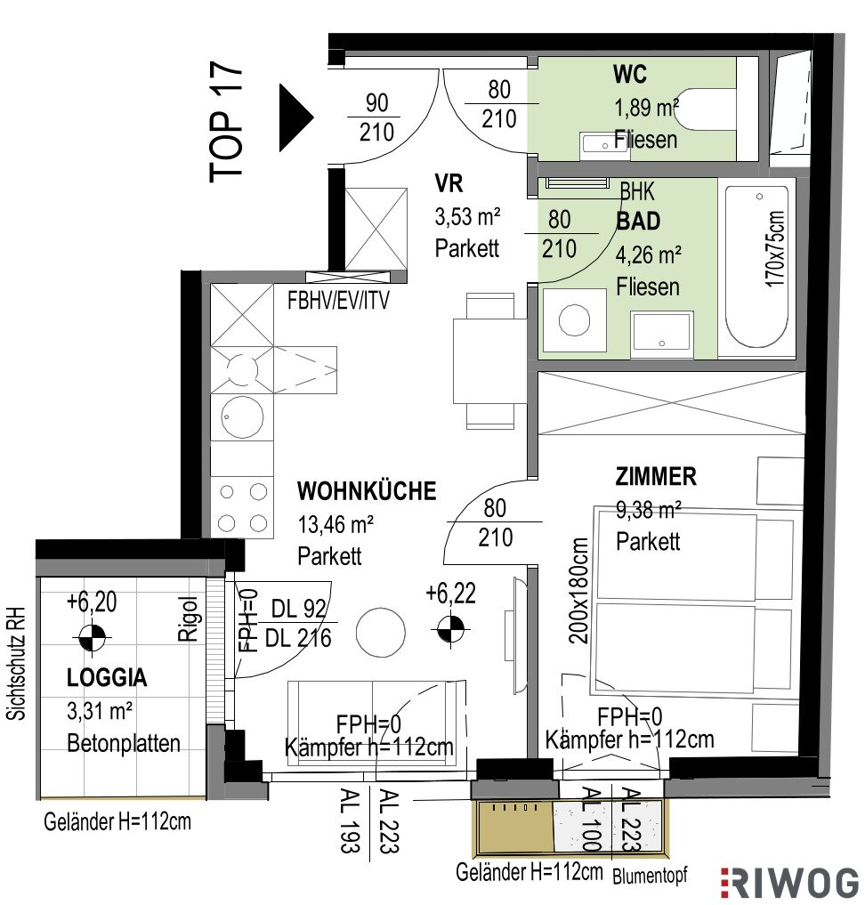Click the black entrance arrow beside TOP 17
295,117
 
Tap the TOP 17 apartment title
226,122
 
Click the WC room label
629,75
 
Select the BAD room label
638,221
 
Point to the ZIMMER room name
656,477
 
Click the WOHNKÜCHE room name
367,490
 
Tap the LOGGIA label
107,677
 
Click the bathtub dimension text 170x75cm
775,249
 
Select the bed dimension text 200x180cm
578,591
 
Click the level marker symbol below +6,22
450,629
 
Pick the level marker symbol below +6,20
93,638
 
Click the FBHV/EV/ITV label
339,300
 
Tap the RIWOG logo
790,883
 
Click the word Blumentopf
650,876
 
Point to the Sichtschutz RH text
16,663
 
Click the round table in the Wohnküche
381,633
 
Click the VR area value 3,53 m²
467,217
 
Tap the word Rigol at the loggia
188,619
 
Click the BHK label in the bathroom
638,191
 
